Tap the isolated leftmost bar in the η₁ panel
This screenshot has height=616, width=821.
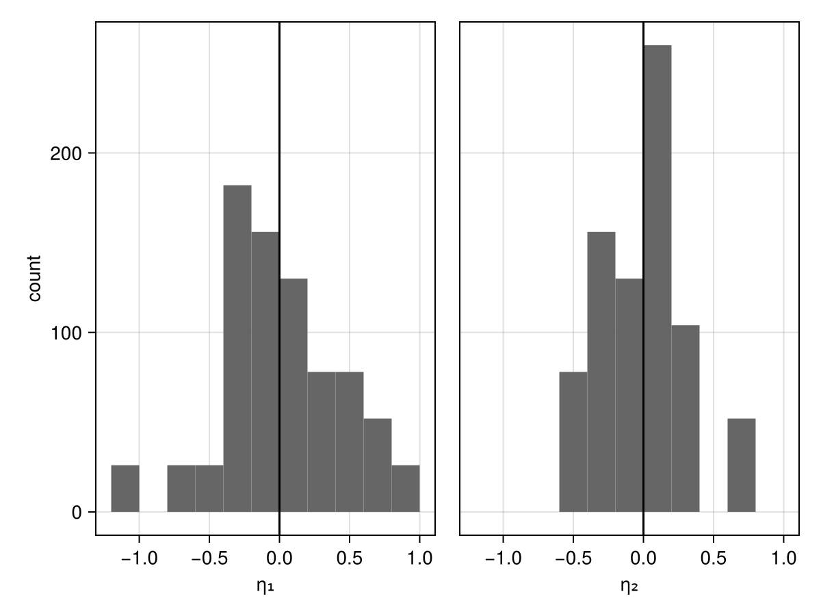125,489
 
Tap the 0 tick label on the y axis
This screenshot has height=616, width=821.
77,513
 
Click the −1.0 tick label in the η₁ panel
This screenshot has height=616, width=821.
139,558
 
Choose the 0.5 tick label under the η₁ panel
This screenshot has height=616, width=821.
350,558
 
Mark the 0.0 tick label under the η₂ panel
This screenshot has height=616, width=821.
643,558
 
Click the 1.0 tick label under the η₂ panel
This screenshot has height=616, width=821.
783,558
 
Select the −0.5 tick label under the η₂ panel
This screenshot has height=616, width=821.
573,558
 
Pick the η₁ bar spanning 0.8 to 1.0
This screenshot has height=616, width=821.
406,489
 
